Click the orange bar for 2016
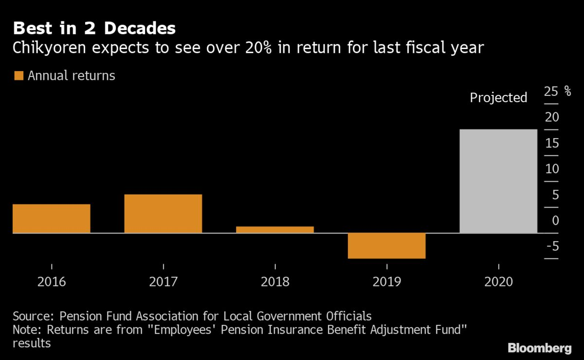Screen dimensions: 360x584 [x=51, y=218]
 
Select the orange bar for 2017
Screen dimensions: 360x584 [x=163, y=214]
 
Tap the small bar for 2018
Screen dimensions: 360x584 [x=275, y=230]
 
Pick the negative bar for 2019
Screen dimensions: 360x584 [x=386, y=246]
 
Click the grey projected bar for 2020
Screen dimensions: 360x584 [x=498, y=181]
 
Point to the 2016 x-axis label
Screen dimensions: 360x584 [x=51, y=282]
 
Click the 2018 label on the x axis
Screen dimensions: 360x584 [x=275, y=282]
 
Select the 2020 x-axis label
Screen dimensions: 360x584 [x=498, y=282]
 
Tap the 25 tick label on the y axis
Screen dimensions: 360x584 [x=551, y=91]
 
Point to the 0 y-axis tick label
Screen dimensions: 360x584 [x=556, y=220]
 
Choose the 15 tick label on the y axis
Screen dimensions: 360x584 [x=551, y=143]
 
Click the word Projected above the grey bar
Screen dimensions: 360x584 [x=498, y=98]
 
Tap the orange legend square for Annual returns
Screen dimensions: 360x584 [x=19, y=75]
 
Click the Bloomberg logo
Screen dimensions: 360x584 [x=540, y=348]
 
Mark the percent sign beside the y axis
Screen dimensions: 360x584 [x=567, y=91]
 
